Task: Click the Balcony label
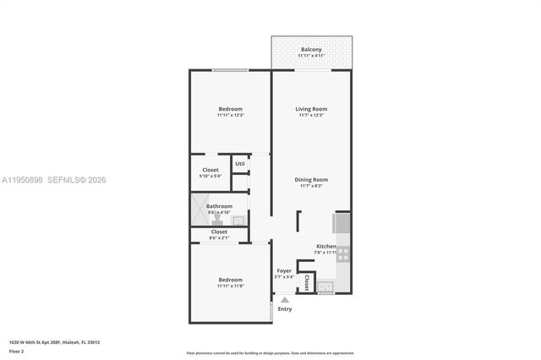tap(311, 50)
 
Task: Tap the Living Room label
tap(311, 109)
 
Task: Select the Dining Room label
tap(311, 180)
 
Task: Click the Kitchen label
tap(326, 246)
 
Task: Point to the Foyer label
tap(284, 271)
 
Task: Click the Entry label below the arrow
tap(285, 309)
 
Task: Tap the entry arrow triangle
tap(285, 299)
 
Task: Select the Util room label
tap(240, 163)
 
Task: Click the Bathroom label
tap(219, 205)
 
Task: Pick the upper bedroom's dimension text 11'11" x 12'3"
tap(231, 115)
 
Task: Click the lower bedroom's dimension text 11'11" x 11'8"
tap(230, 286)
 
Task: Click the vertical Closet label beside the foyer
tap(305, 281)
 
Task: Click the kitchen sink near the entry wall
tap(325, 286)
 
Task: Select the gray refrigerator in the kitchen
tap(342, 222)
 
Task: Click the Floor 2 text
tap(17, 351)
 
